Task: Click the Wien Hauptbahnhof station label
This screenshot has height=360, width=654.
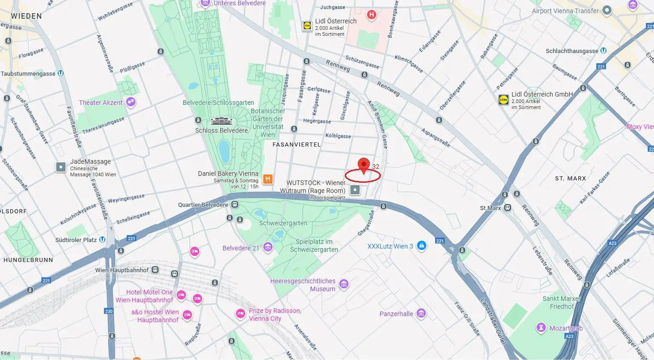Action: click(122, 270)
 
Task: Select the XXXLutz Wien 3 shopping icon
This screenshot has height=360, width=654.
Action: click(422, 246)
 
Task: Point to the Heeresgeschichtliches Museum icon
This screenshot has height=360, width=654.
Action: click(344, 284)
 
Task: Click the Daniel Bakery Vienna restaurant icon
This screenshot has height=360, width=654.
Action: click(268, 179)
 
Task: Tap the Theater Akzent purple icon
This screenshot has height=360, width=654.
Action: click(131, 102)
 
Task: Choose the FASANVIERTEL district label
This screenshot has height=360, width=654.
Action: click(296, 144)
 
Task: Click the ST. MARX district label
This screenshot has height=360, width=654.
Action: click(570, 179)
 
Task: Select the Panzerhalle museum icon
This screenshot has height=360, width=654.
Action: click(421, 314)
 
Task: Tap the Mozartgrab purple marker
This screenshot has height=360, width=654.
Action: click(541, 328)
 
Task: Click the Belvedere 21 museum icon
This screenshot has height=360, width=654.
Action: click(268, 247)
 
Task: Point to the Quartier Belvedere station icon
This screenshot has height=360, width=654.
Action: click(235, 204)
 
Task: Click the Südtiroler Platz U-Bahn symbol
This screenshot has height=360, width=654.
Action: click(102, 240)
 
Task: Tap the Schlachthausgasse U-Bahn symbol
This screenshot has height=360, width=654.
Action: click(603, 51)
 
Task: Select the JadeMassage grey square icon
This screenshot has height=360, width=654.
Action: click(61, 167)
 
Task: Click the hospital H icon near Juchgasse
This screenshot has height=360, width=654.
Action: click(372, 15)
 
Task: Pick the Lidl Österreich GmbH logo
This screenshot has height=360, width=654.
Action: click(504, 100)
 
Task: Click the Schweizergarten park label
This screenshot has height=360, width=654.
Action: click(283, 223)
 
